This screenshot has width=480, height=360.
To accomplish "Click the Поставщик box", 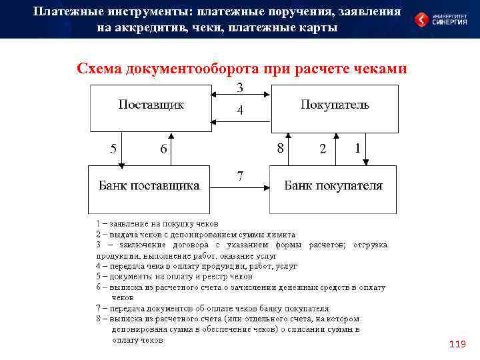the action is (x=151, y=108).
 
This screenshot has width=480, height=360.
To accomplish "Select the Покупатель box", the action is (x=335, y=108).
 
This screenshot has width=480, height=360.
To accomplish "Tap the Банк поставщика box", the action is (x=149, y=187).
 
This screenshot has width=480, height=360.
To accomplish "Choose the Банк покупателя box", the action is (x=333, y=187).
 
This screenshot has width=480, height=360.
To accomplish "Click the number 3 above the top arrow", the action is (x=240, y=88).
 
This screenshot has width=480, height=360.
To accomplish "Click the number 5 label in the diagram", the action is (x=114, y=148).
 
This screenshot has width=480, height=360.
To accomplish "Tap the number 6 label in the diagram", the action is (x=163, y=149).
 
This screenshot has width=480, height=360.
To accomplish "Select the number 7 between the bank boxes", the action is (x=240, y=176).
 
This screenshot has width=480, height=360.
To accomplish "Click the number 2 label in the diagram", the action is (x=323, y=149).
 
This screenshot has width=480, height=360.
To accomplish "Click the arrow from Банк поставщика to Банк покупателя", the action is (x=240, y=187).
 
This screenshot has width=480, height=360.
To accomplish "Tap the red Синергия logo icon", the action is (x=422, y=19).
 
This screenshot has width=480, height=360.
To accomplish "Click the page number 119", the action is (x=457, y=344).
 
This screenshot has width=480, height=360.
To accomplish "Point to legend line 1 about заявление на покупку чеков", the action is (x=157, y=224).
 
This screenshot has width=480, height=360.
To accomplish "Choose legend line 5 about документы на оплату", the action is (x=175, y=276).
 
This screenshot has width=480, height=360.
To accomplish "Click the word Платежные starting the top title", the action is (x=66, y=11).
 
